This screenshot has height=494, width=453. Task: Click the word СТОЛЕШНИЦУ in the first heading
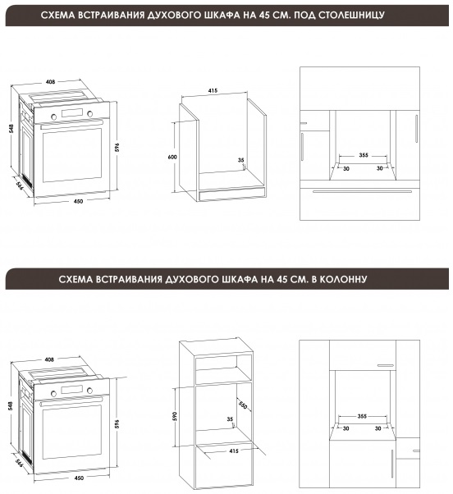click(x=351, y=15)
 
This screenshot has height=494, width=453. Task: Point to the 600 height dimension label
click(x=172, y=157)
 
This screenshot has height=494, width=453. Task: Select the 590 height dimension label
click(x=175, y=416)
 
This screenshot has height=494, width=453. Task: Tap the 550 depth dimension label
click(x=243, y=405)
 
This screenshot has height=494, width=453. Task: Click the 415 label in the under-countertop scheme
click(x=213, y=91)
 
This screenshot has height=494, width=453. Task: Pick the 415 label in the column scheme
click(x=234, y=451)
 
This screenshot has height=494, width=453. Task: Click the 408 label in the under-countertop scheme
click(x=50, y=81)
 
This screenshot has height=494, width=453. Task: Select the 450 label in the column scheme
click(x=79, y=478)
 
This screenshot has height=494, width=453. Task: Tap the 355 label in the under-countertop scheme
click(x=364, y=155)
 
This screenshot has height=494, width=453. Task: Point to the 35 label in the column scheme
click(x=230, y=419)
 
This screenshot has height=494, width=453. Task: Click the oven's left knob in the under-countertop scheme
click(x=54, y=117)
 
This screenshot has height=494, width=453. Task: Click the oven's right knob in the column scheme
click(x=90, y=390)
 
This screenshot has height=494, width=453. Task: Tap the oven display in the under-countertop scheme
click(x=72, y=112)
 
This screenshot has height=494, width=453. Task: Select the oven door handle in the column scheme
click(x=71, y=401)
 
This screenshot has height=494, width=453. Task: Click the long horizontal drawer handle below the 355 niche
click(x=362, y=191)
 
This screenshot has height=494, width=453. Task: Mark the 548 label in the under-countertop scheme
click(x=11, y=129)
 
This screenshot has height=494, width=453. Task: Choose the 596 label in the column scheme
click(x=117, y=423)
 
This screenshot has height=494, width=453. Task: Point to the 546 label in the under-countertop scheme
click(x=20, y=186)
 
